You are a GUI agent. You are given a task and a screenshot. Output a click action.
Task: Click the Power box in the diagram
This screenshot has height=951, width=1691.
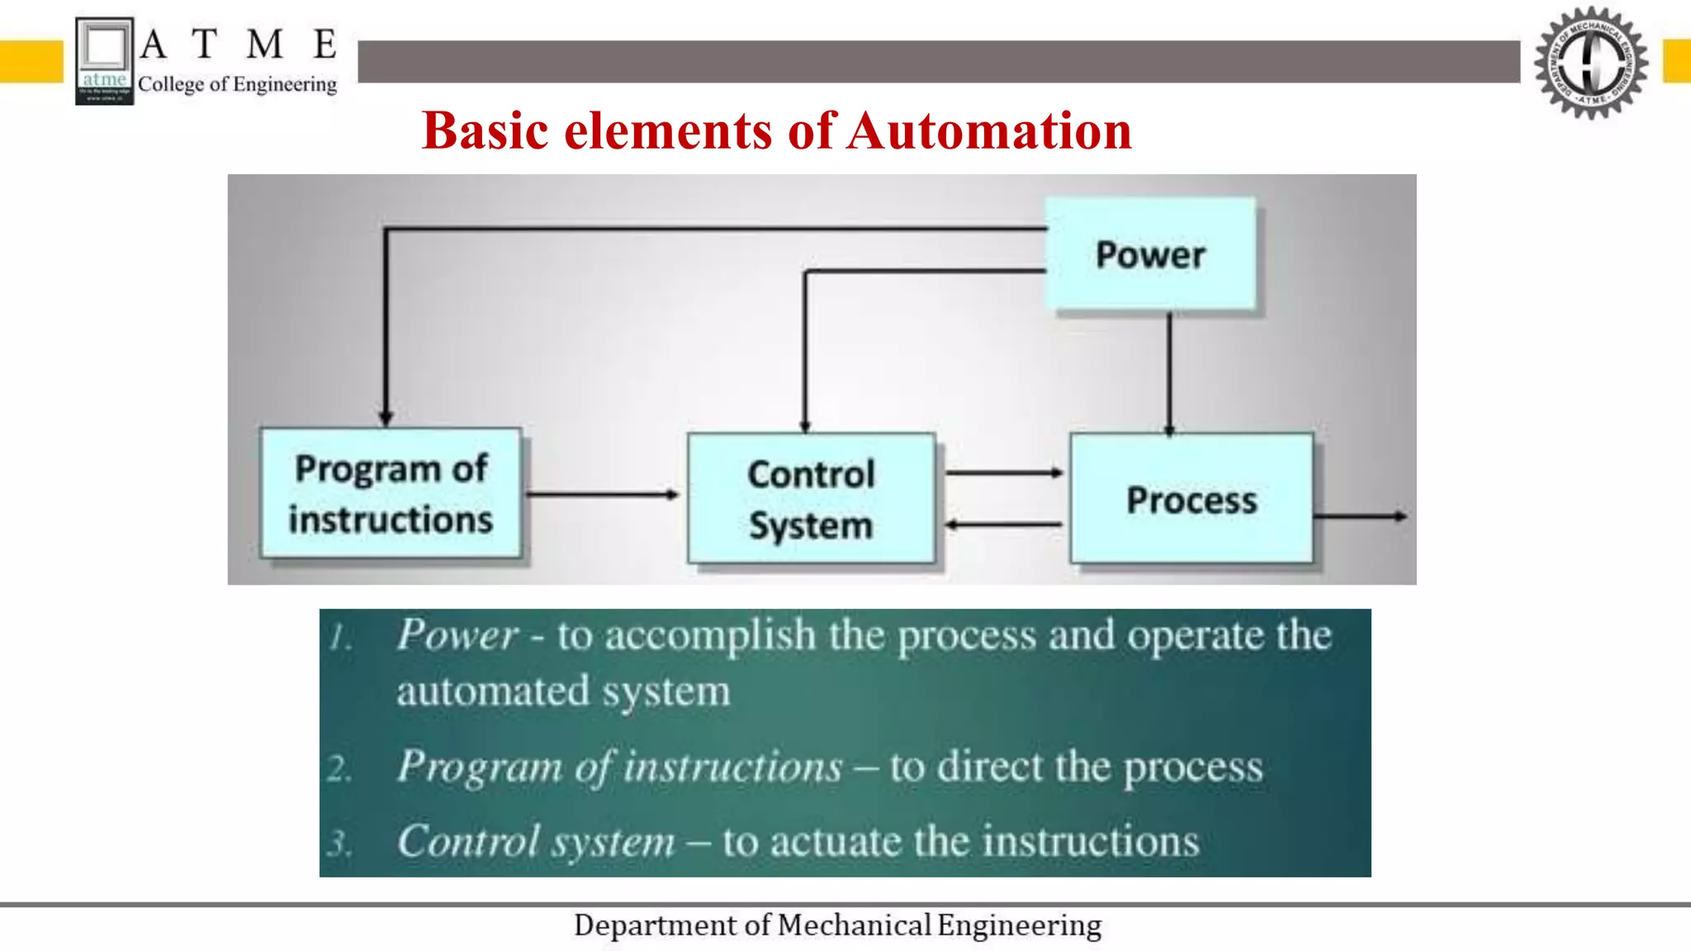click(x=1150, y=254)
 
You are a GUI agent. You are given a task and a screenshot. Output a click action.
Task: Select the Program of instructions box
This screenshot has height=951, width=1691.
click(x=391, y=494)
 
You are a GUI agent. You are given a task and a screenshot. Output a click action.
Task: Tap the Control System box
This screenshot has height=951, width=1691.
click(x=811, y=499)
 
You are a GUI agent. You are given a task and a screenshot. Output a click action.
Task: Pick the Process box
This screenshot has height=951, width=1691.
click(x=1191, y=499)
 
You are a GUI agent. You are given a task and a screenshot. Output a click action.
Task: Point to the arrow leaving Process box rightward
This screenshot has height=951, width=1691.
click(x=1359, y=517)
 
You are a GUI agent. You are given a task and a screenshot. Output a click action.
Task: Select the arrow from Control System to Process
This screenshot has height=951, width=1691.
click(x=1003, y=473)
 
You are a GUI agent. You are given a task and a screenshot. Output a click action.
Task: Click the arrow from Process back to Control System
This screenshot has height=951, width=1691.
click(x=1003, y=524)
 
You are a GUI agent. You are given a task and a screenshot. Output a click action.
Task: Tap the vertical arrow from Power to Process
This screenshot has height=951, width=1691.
click(x=1169, y=371)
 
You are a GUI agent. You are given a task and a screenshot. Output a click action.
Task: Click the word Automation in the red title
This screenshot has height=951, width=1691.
click(x=988, y=131)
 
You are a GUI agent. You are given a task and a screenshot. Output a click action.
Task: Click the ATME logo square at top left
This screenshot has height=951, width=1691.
click(x=104, y=61)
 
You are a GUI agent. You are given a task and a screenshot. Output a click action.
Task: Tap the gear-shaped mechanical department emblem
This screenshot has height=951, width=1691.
click(x=1590, y=62)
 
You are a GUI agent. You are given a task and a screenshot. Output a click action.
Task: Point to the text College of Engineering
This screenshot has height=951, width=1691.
click(x=237, y=84)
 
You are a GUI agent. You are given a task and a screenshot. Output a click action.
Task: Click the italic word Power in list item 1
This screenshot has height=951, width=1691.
click(x=457, y=636)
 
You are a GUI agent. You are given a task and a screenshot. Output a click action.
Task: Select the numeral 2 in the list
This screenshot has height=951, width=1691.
click(x=339, y=769)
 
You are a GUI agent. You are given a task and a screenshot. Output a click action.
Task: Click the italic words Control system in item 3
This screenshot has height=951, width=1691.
click(x=536, y=842)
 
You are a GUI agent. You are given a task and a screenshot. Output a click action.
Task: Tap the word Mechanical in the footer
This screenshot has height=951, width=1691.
click(x=854, y=925)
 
